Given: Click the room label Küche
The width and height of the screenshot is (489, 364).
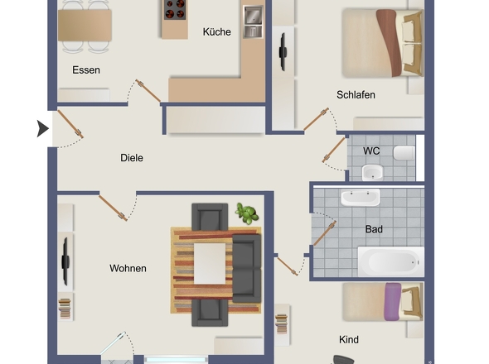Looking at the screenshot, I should tap(216, 32).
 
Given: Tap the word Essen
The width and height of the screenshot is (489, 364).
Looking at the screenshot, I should tap(86, 70).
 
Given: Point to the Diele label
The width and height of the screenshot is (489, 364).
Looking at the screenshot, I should tap(132, 158).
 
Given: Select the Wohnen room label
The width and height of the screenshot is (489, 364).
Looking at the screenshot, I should tap(128, 268).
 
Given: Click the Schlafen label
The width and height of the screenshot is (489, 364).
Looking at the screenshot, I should tap(356, 95).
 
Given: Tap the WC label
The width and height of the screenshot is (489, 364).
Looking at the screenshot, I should tap(371, 151).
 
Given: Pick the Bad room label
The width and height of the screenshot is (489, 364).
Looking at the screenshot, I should tap(374, 229).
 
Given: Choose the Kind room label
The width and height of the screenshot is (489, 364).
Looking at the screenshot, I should tap(349, 340).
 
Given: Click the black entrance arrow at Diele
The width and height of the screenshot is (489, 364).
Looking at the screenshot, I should tap(42, 129).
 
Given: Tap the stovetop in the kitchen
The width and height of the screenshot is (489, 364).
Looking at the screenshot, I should tap(175, 9).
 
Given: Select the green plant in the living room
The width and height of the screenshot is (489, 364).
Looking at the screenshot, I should tap(245, 213).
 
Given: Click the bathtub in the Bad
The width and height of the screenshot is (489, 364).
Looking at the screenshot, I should tap(390, 262).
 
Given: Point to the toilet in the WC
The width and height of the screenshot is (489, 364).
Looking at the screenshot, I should tap(404, 153).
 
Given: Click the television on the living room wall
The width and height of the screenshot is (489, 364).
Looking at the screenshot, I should tap(65, 261).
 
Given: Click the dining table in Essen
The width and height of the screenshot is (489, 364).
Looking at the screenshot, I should tap(85, 24).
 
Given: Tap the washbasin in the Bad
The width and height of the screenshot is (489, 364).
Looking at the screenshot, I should tap(361, 198).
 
